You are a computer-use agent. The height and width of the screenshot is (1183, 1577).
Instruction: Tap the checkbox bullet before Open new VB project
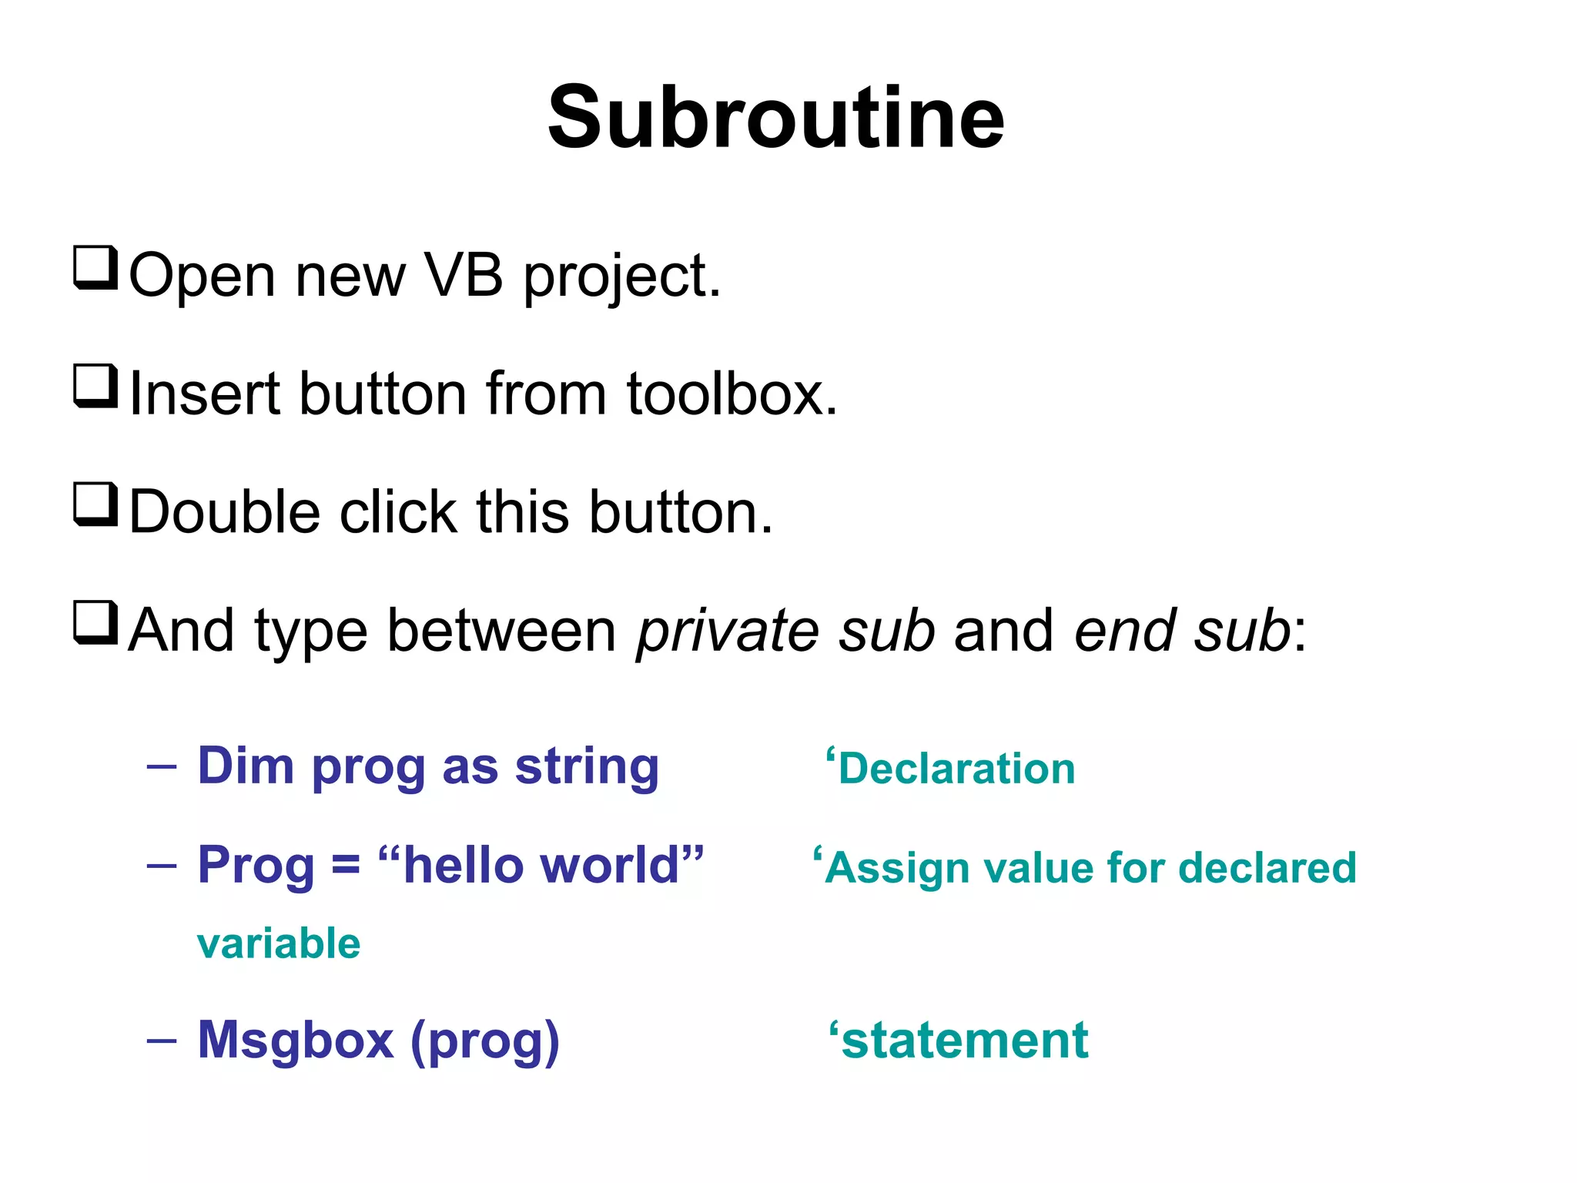(x=95, y=268)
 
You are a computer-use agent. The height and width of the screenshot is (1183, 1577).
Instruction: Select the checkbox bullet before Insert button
(x=95, y=387)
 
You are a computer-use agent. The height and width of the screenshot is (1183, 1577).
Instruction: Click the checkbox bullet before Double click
(x=95, y=504)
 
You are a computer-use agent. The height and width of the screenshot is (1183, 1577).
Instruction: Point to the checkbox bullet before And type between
(x=95, y=623)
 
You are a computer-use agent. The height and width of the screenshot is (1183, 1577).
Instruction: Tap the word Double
(x=224, y=513)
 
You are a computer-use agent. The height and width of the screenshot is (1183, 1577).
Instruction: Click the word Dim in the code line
(x=246, y=766)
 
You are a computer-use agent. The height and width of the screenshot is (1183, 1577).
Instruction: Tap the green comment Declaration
(x=956, y=769)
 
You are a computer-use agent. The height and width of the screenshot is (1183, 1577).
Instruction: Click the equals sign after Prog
(x=346, y=866)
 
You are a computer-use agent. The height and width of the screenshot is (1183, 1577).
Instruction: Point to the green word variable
(x=279, y=944)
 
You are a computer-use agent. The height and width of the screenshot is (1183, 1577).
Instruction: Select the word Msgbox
(x=296, y=1041)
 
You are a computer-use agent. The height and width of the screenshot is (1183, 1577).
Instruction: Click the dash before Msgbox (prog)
(x=162, y=1041)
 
